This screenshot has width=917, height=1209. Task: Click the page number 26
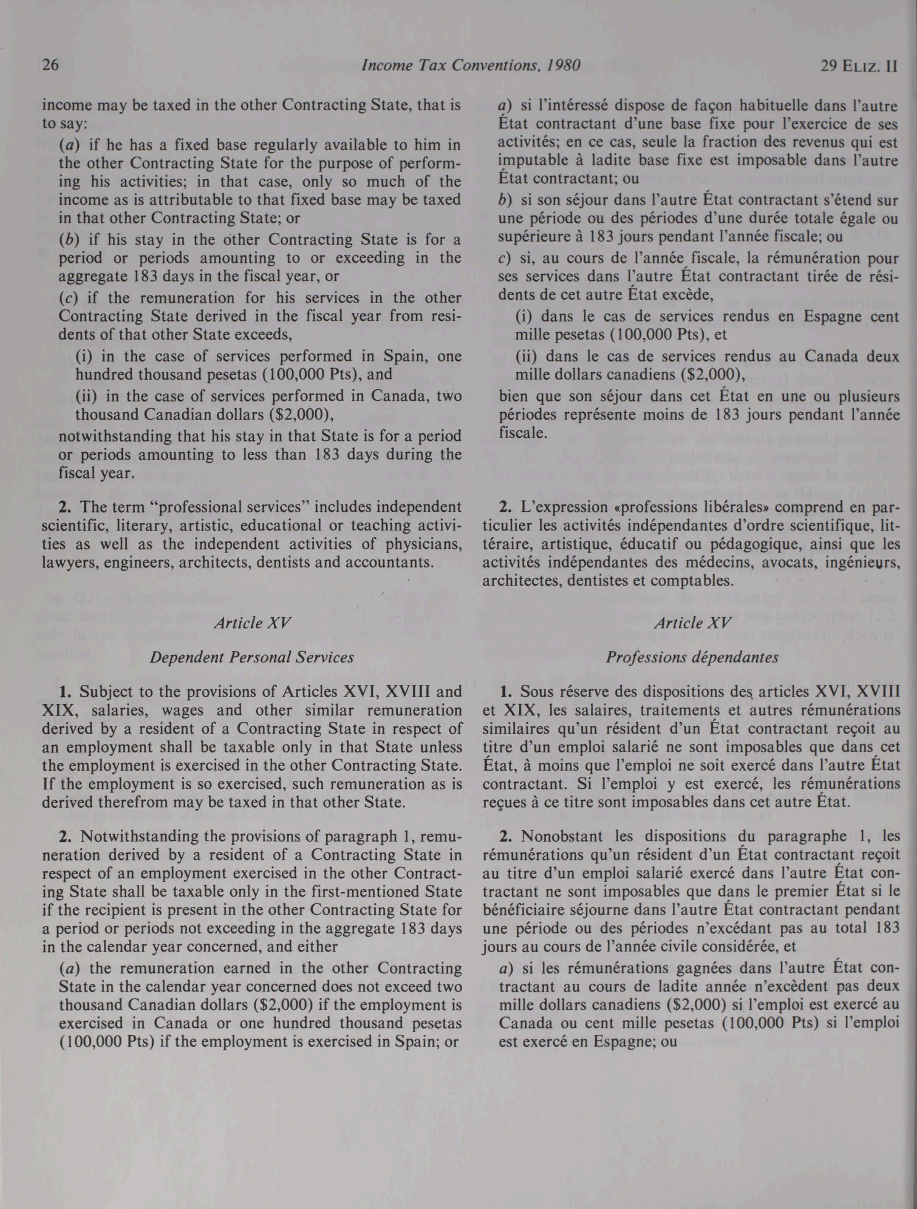point(51,66)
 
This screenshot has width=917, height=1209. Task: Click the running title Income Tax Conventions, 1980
point(470,66)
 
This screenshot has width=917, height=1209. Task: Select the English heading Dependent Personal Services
point(252,657)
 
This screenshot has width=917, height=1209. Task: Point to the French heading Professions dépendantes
point(692,657)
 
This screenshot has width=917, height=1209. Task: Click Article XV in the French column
point(692,622)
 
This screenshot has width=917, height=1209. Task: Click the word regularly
point(272,145)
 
